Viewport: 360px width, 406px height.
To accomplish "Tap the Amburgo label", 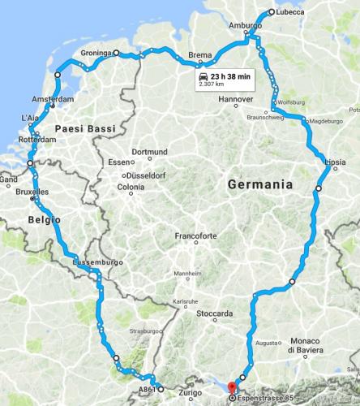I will coord(246,26).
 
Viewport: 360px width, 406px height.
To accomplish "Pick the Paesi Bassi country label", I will coord(84,129).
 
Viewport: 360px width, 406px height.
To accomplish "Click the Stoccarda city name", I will coord(215,313).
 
